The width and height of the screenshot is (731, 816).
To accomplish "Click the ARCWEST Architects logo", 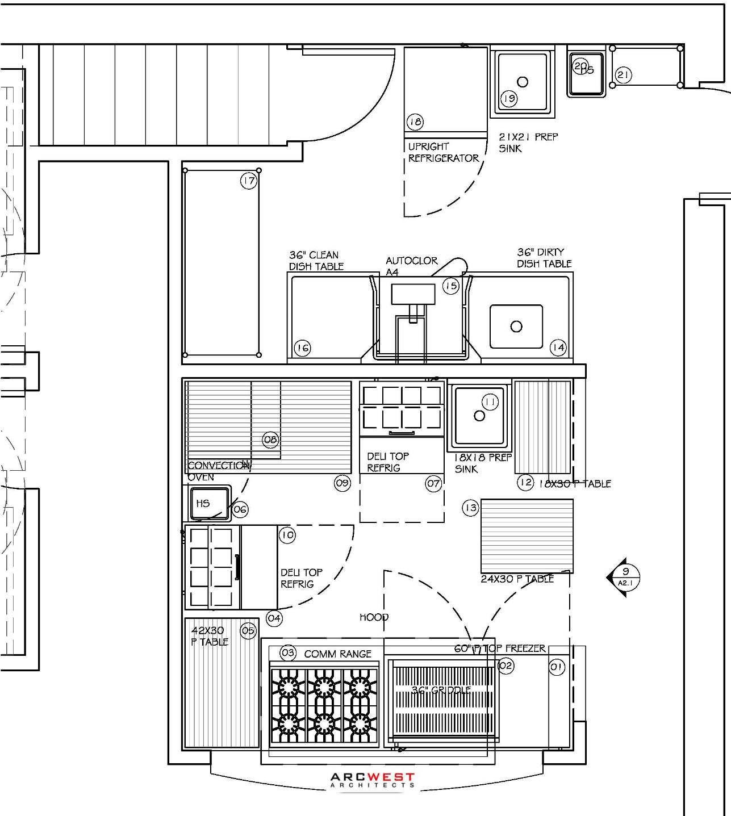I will pyautogui.click(x=373, y=780).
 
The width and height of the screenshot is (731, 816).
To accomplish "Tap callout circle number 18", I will pyautogui.click(x=415, y=122).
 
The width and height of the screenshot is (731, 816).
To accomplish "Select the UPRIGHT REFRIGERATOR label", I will pyautogui.click(x=443, y=152).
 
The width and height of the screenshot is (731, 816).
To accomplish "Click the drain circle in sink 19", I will pyautogui.click(x=523, y=82).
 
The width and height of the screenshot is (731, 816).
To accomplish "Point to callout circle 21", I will pyautogui.click(x=623, y=75).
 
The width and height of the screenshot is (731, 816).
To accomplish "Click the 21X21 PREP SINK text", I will pyautogui.click(x=528, y=143).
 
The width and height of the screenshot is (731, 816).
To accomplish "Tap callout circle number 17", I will pyautogui.click(x=249, y=181).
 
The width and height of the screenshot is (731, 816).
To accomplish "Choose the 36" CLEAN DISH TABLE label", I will pyautogui.click(x=316, y=261).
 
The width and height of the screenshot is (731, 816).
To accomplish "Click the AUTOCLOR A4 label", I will pyautogui.click(x=411, y=266).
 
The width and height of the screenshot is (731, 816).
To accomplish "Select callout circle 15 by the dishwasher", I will pyautogui.click(x=451, y=286).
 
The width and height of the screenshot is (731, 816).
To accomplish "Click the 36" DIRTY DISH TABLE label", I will pyautogui.click(x=544, y=258).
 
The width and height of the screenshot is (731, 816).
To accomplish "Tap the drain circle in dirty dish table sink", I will pyautogui.click(x=516, y=327).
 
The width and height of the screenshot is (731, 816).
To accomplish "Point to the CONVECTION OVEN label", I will pyautogui.click(x=218, y=471).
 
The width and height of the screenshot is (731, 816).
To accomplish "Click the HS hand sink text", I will pyautogui.click(x=203, y=503).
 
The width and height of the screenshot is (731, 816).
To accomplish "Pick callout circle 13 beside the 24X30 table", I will pyautogui.click(x=470, y=508).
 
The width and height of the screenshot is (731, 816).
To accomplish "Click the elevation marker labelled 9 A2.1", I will pyautogui.click(x=624, y=577).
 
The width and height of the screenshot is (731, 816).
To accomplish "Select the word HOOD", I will pyautogui.click(x=374, y=617).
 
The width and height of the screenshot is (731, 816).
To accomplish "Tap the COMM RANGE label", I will pyautogui.click(x=337, y=654).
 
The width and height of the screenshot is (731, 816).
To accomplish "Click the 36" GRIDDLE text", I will pyautogui.click(x=441, y=691).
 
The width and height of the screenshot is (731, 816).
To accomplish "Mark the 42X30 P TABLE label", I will pyautogui.click(x=210, y=636).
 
